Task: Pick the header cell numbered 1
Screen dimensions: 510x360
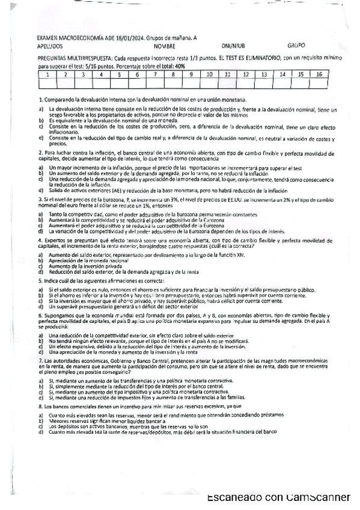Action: click(46, 75)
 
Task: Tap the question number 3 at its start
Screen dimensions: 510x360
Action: click(40, 197)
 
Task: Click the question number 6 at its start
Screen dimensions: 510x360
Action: click(40, 315)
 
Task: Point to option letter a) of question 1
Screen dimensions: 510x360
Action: click(40, 109)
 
